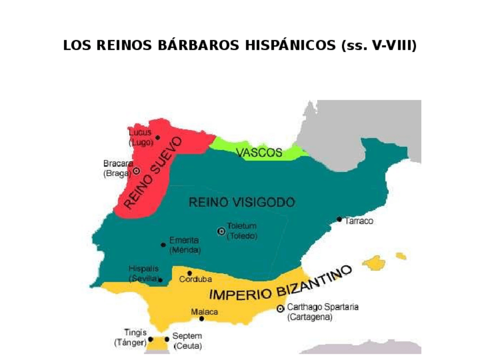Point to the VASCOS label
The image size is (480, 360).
coord(259,152)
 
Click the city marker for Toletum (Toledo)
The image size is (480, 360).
coord(221,231)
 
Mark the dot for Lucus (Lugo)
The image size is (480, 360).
coord(157,138)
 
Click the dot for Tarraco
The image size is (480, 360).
coord(339,219)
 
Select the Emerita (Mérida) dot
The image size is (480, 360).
coord(163,245)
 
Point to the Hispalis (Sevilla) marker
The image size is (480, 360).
coord(161,280)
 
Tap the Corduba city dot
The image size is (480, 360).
coord(190,273)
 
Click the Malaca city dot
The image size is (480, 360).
coord(202,319)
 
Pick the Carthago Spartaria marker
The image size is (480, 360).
coord(280,308)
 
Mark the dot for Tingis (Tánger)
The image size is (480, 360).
coord(151,339)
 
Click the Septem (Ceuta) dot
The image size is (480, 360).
coord(167,340)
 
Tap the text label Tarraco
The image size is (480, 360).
coord(359,221)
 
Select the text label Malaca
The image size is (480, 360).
coord(204,311)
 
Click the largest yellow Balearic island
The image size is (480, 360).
coord(375,263)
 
